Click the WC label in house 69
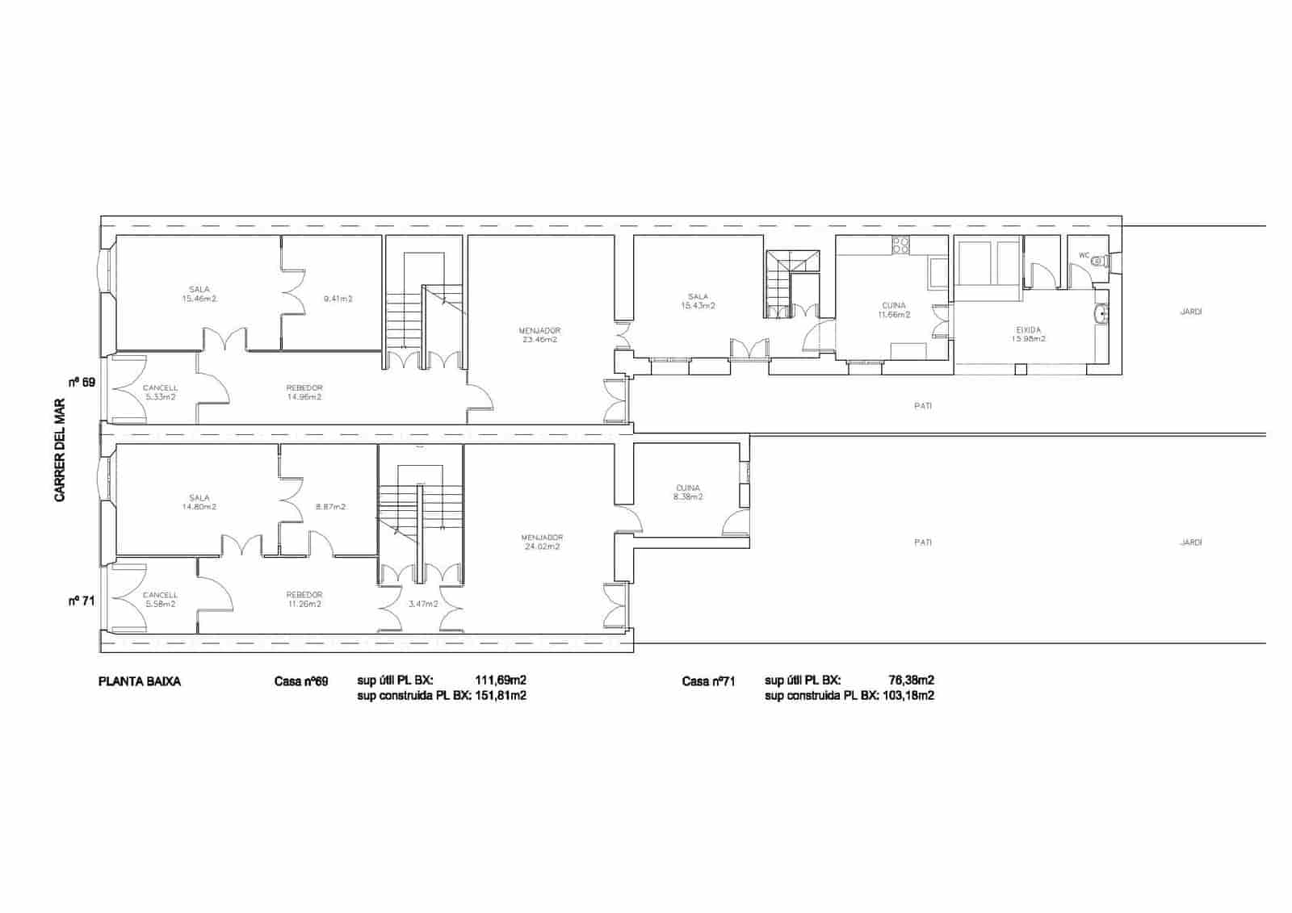click(x=1084, y=256)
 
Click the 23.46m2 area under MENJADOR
click(x=539, y=340)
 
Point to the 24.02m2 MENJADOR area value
click(x=541, y=547)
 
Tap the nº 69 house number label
click(x=82, y=382)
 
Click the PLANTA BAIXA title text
click(x=140, y=681)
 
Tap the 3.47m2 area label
click(x=422, y=604)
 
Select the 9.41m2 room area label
click(x=338, y=299)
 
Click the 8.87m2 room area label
click(x=330, y=507)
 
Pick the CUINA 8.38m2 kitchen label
click(x=687, y=492)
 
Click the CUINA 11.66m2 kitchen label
click(x=893, y=310)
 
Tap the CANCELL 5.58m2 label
click(x=160, y=599)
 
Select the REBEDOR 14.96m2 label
click(x=304, y=392)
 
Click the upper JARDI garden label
click(x=1190, y=312)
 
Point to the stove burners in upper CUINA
click(x=900, y=244)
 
